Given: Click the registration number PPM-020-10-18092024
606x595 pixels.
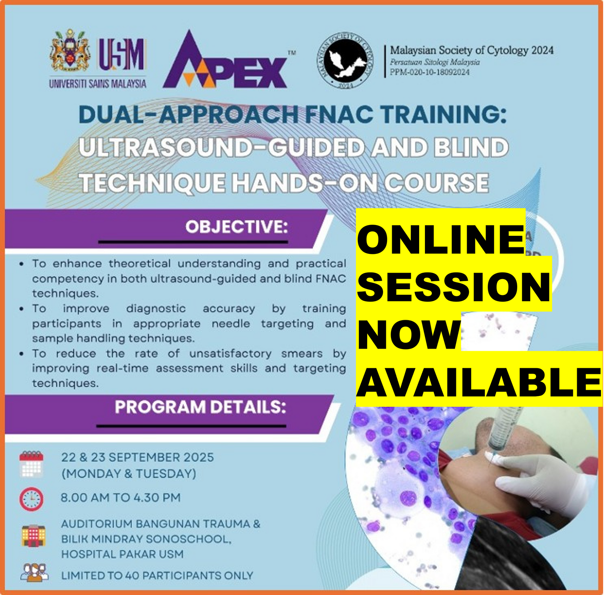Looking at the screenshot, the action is coord(430,72).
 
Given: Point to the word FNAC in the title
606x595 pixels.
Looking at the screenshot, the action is coord(339,114).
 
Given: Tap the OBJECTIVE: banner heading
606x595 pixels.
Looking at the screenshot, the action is coord(237,227).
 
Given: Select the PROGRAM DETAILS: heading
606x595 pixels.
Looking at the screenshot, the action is coord(200,407).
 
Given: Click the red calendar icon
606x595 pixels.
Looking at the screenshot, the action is coord(31,464).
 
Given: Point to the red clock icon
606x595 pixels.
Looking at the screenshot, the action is coord(31,499).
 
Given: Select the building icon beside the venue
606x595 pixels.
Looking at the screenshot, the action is coord(34,535).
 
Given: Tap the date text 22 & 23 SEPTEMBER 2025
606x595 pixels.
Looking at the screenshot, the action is coord(137,457).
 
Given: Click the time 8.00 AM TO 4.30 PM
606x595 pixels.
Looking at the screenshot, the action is coord(120,498).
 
